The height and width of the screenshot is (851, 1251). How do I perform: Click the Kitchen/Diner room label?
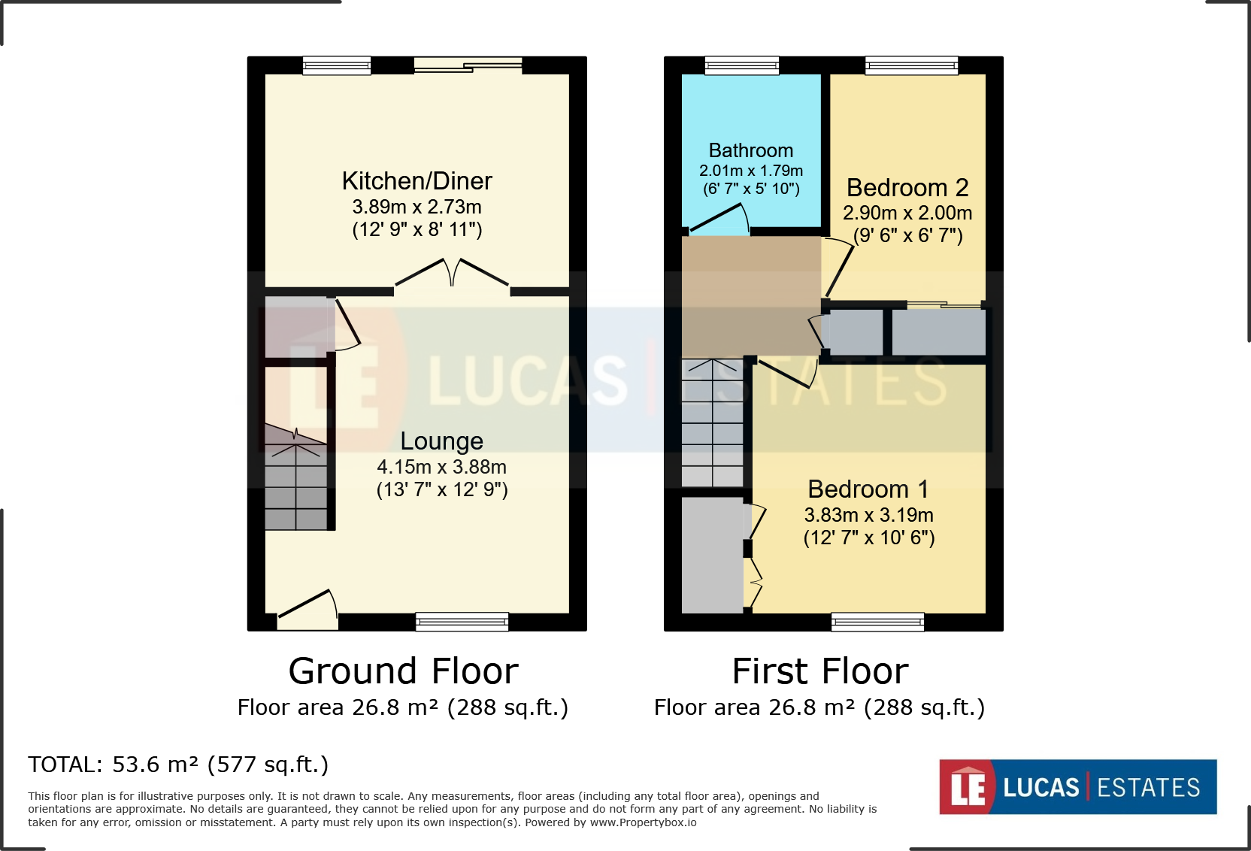point(416,181)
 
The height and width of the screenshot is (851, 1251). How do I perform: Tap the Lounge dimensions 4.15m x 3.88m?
point(441,467)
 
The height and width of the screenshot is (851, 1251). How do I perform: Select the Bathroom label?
point(750,150)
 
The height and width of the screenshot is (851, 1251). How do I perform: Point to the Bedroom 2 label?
point(907,187)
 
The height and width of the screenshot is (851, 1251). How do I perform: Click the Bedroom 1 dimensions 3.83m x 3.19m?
point(868,515)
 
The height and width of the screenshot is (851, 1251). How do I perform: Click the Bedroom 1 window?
point(877,622)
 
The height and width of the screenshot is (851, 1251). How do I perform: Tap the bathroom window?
point(741,66)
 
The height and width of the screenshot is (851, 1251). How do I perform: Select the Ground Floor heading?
point(403,671)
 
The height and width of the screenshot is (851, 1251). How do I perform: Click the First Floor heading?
point(819,671)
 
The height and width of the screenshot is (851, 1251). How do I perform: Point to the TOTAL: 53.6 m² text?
point(178,765)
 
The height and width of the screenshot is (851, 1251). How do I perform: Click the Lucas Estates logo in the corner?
point(1077,786)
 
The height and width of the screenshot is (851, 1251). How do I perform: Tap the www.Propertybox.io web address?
point(643,822)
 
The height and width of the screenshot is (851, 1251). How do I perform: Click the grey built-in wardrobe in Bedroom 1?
point(711,556)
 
